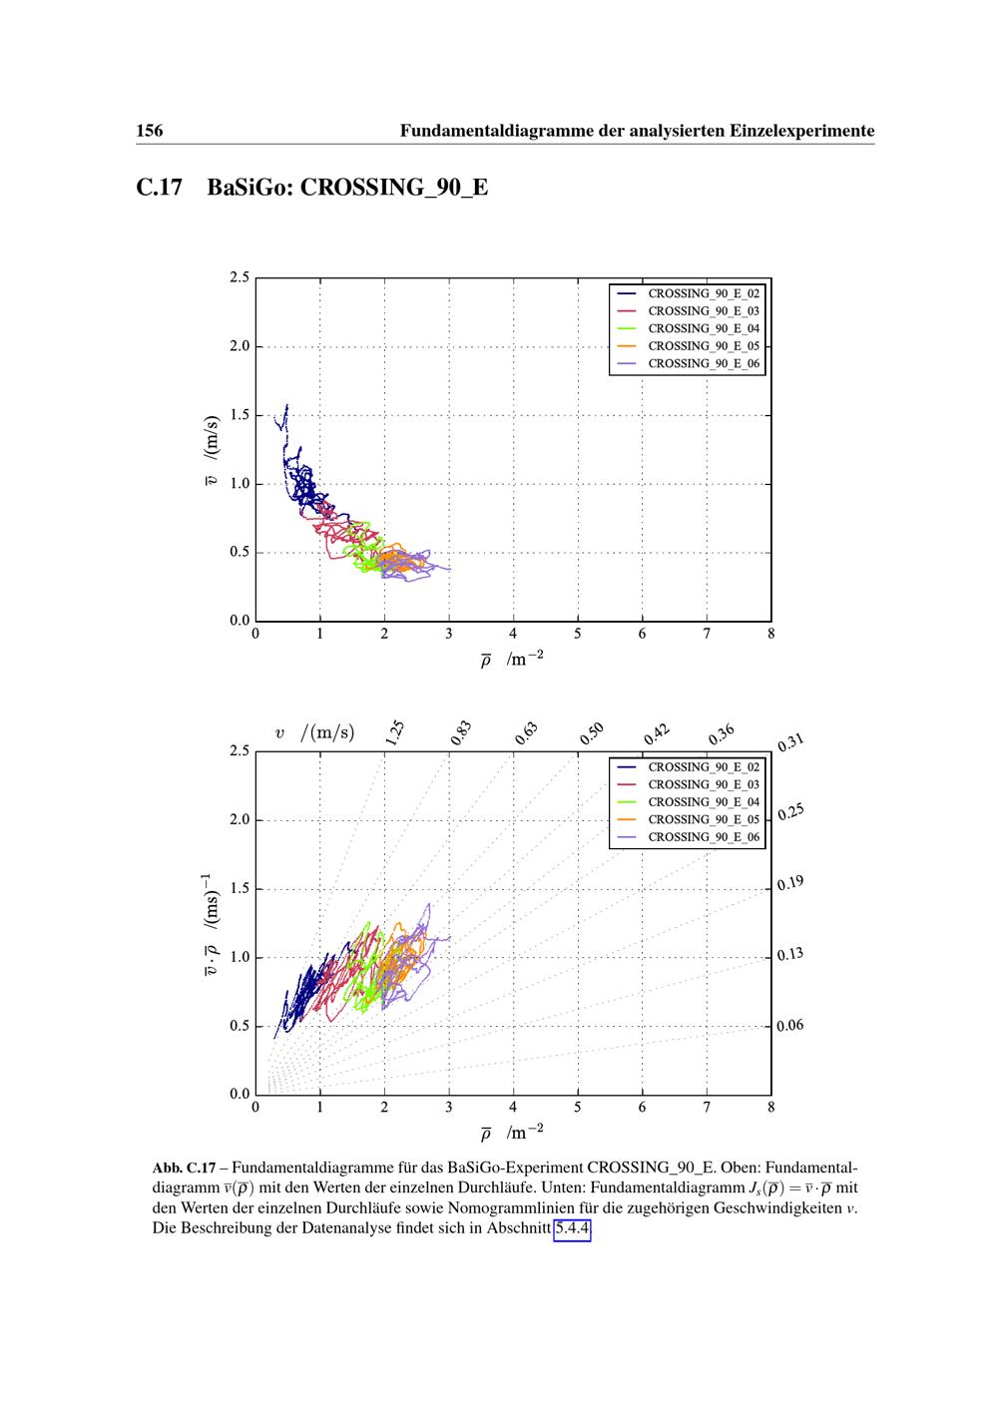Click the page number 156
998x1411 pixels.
150,131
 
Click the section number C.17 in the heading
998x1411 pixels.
160,188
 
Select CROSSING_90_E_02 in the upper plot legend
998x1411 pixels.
704,294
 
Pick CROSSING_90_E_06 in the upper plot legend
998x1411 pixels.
704,363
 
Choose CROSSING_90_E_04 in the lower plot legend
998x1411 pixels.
704,802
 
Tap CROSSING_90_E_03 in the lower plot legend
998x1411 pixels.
704,785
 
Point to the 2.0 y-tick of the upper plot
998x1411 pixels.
239,347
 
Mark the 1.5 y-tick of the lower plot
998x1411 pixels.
239,889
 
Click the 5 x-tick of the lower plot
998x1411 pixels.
578,1107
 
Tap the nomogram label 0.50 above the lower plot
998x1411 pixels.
592,733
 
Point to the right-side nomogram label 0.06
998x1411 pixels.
790,1026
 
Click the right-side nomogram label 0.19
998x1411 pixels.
790,884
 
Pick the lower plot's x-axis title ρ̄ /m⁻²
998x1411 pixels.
511,1133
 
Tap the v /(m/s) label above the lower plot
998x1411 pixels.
314,733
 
